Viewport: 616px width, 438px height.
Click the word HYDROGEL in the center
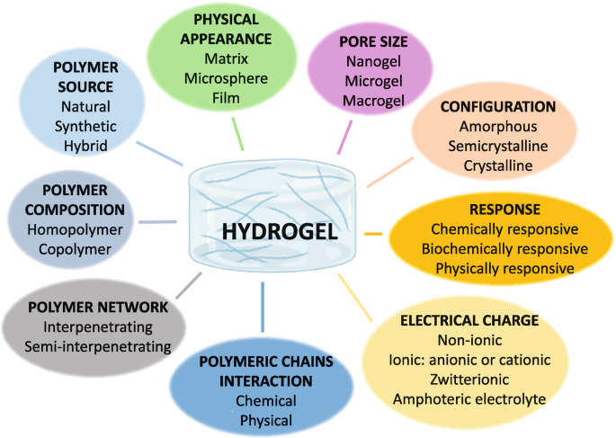(280, 231)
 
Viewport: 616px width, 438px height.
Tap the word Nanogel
(373, 62)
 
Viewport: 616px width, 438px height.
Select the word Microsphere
(226, 78)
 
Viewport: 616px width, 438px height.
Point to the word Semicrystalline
(498, 146)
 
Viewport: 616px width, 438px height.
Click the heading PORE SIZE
(373, 41)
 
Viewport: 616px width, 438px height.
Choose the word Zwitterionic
(469, 380)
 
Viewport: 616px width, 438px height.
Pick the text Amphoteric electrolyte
(469, 399)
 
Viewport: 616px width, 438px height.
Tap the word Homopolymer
(75, 230)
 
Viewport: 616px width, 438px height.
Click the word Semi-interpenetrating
(98, 346)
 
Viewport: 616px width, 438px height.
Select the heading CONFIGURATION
(498, 107)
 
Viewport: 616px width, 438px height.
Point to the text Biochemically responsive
(504, 249)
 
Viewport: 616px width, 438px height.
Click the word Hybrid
(85, 146)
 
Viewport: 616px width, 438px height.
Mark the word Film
(226, 98)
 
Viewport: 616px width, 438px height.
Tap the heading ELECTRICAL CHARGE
(469, 320)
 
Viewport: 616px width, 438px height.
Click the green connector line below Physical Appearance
(237, 134)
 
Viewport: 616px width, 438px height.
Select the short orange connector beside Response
(373, 234)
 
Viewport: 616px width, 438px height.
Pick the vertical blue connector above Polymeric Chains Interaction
(263, 307)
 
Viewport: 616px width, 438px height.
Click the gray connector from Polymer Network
(189, 285)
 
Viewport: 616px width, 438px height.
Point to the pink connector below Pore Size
(344, 138)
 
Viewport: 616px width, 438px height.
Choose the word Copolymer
(75, 249)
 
